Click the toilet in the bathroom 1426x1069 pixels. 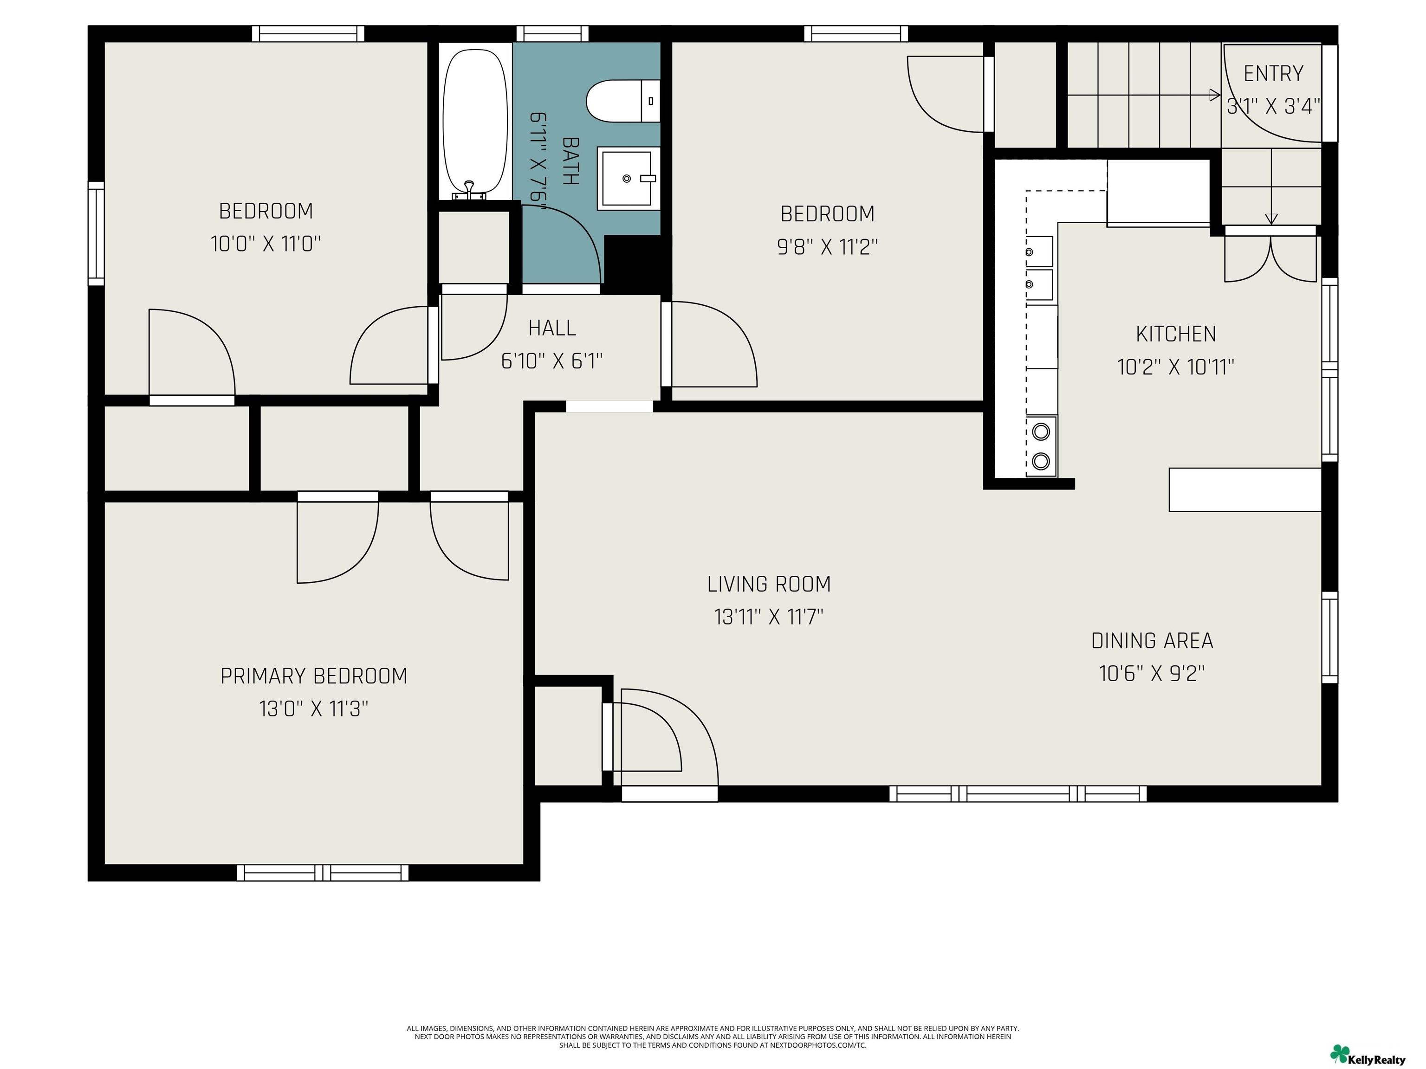coord(623,101)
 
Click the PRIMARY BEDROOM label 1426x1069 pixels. coord(314,676)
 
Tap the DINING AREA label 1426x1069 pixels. coord(1152,640)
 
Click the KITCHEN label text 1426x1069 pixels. coord(1176,334)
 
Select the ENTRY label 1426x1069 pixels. coord(1273,73)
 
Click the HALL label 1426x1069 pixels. coord(552,328)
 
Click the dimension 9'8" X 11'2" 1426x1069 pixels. coord(827,246)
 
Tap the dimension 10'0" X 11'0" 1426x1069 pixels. coord(266,244)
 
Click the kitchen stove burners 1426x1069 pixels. coord(1041,446)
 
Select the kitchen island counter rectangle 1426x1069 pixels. coord(1245,489)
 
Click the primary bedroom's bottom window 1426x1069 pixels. coord(323,872)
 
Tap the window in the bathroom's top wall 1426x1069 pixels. coord(552,33)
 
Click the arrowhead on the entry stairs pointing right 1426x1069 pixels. coord(1215,96)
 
